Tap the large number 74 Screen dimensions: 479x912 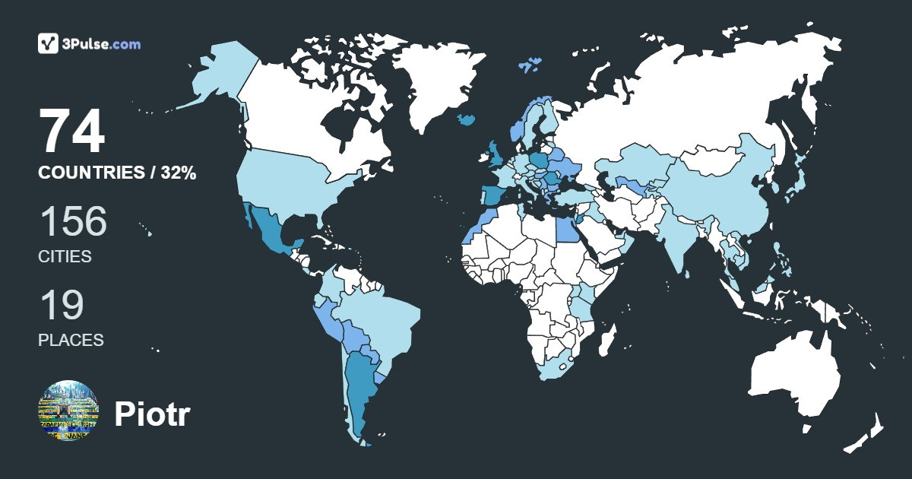72,132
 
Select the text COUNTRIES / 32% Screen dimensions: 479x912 117,173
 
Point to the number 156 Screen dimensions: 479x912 73,221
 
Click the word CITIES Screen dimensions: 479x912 65,256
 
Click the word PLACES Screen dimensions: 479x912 71,340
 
